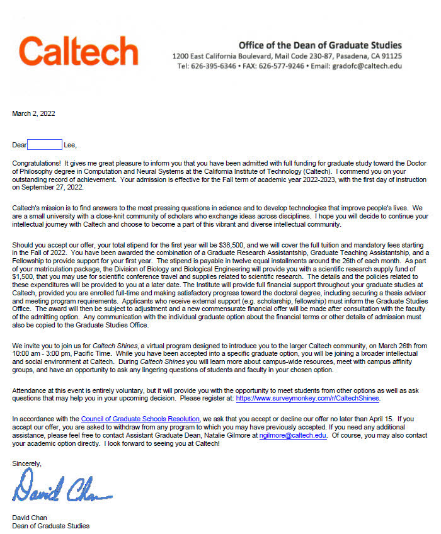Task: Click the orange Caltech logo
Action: tap(79, 51)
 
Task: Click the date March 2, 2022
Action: tap(34, 113)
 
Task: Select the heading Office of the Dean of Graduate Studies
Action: tap(320, 45)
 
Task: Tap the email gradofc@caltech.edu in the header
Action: tap(367, 65)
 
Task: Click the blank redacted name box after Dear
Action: tap(45, 145)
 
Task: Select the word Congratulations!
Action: tap(38, 162)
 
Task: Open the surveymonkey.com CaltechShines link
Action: tap(308, 398)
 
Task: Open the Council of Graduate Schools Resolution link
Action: tap(140, 419)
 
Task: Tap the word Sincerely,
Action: tap(27, 463)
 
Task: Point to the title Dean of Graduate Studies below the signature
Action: tap(51, 526)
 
